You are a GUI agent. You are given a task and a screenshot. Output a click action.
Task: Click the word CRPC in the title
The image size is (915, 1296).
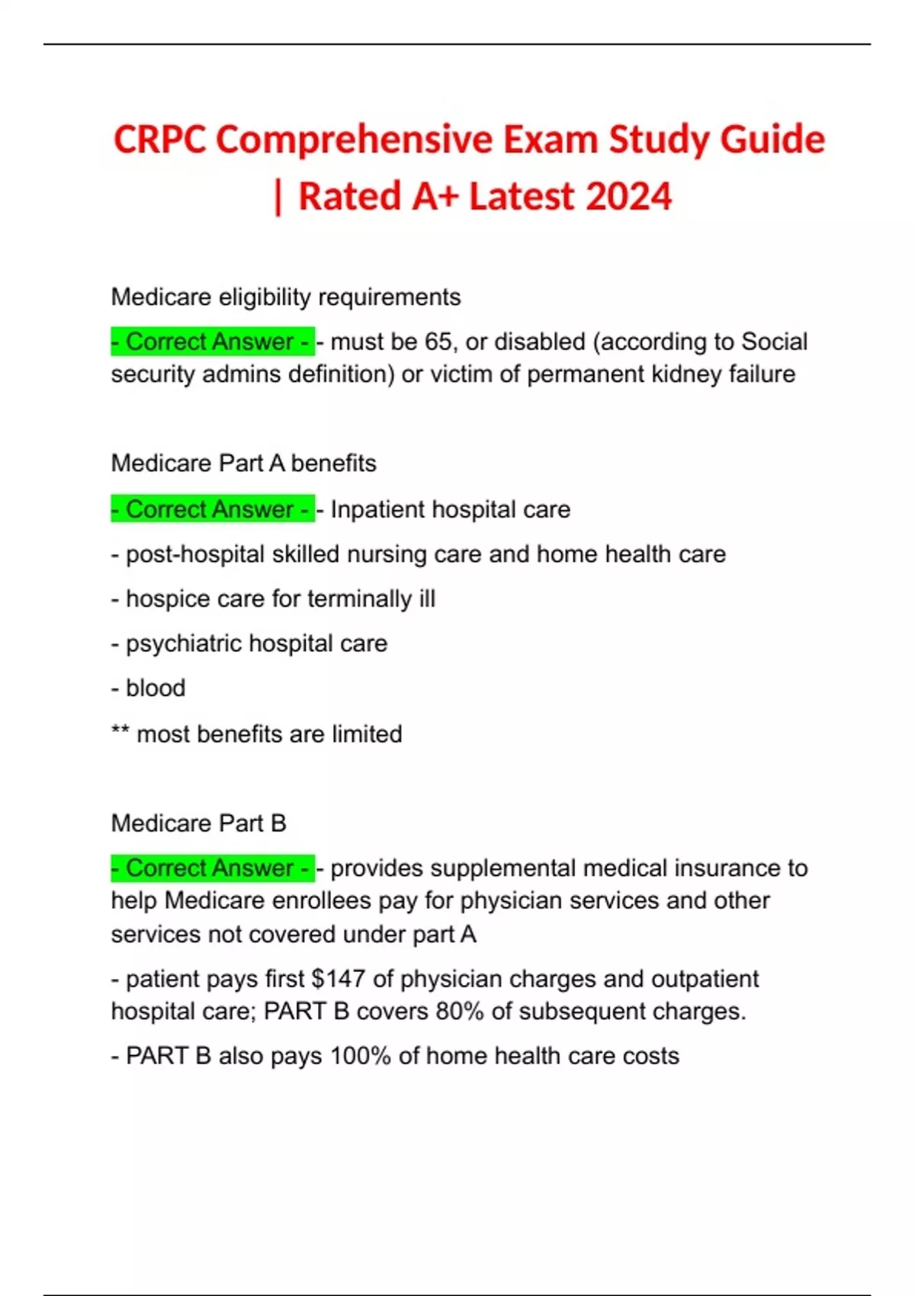(x=160, y=140)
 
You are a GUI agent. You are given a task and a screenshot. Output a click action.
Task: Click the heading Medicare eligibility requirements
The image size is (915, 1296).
(x=285, y=297)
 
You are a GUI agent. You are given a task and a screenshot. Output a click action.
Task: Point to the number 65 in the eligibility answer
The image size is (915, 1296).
(x=438, y=342)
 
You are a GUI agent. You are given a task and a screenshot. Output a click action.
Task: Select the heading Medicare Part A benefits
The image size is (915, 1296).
(x=243, y=464)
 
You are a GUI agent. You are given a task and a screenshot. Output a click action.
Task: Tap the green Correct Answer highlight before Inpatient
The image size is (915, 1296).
(x=212, y=509)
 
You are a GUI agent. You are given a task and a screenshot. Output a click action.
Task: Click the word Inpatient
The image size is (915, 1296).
(x=375, y=509)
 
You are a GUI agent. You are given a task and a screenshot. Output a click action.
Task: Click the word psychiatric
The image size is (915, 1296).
(x=183, y=644)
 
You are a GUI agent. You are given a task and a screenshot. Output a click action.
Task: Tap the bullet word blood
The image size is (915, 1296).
(x=156, y=688)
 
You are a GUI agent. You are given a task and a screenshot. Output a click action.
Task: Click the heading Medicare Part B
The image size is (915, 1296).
(x=198, y=823)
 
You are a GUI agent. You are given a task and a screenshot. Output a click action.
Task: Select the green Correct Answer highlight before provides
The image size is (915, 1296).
(x=212, y=868)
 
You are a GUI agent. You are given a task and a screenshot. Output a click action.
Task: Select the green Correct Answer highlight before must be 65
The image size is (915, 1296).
(x=212, y=342)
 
